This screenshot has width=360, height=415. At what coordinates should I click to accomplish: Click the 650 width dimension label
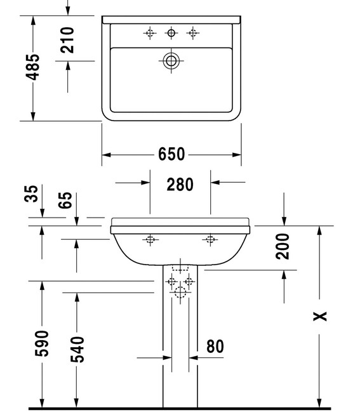(x=171, y=154)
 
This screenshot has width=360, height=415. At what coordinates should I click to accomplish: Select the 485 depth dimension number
(x=32, y=67)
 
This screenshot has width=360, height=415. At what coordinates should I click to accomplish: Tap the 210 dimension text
(x=67, y=40)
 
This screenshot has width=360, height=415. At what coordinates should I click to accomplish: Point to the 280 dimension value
(x=180, y=185)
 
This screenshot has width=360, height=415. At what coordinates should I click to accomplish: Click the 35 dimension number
(x=31, y=194)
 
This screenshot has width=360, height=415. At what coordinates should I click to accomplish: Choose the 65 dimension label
(x=65, y=201)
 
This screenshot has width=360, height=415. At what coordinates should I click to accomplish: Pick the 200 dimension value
(x=283, y=246)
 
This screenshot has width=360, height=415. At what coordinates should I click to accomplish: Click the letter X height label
(x=320, y=316)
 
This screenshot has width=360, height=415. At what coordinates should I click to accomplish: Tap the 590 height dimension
(x=42, y=343)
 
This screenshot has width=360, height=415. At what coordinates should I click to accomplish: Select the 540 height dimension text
(x=77, y=350)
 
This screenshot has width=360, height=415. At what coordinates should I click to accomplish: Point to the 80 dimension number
(x=215, y=346)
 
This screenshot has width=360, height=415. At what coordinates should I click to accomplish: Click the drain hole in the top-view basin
(x=171, y=61)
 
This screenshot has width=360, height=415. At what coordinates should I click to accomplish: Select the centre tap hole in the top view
(x=171, y=33)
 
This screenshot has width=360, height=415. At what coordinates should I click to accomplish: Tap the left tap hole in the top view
(x=150, y=33)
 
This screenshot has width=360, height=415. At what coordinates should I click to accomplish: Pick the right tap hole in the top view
(x=192, y=33)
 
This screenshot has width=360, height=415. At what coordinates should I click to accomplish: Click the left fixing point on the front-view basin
(x=150, y=240)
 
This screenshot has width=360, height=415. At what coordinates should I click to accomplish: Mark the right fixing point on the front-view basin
(x=210, y=240)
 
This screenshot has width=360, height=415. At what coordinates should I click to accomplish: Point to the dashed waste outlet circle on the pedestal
(x=180, y=293)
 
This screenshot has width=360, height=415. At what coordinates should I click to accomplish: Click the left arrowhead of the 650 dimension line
(x=107, y=155)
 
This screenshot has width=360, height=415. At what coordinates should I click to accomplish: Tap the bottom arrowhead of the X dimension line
(x=319, y=403)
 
